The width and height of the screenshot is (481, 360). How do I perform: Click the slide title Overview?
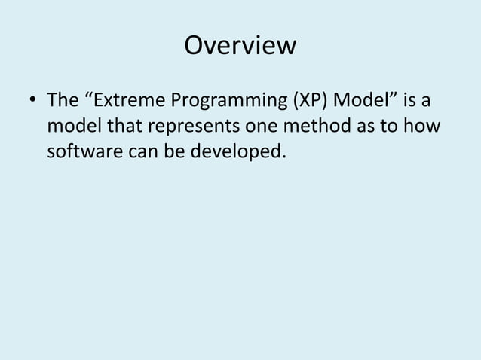point(240,47)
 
